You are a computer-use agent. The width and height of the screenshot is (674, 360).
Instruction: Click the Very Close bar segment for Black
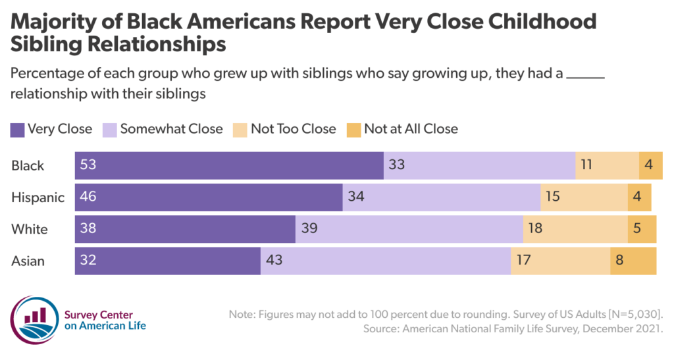pos(229,165)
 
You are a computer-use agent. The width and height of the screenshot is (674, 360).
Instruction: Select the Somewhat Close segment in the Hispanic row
pos(441,197)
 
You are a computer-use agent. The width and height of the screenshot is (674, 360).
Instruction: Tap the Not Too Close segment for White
pos(575,229)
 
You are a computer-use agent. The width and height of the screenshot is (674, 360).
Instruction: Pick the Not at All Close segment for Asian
pos(633,261)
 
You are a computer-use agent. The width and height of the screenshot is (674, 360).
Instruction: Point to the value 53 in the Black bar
pos(88,165)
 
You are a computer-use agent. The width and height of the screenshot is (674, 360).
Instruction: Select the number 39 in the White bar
pos(309,229)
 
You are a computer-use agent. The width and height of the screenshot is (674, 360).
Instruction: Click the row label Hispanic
pos(38,197)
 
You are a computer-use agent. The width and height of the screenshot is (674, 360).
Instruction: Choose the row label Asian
pos(28,261)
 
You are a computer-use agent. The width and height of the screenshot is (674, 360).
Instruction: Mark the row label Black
pos(28,166)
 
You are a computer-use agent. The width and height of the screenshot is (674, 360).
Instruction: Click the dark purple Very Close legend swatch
pos(17,129)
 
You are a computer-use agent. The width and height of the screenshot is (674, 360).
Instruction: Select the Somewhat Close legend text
pos(171,129)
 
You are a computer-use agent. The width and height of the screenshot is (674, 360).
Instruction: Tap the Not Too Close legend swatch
pos(240,129)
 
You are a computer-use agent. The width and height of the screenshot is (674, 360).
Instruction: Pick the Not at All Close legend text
pos(411,129)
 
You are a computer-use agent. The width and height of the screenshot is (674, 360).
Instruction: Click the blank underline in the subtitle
pos(585,74)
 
